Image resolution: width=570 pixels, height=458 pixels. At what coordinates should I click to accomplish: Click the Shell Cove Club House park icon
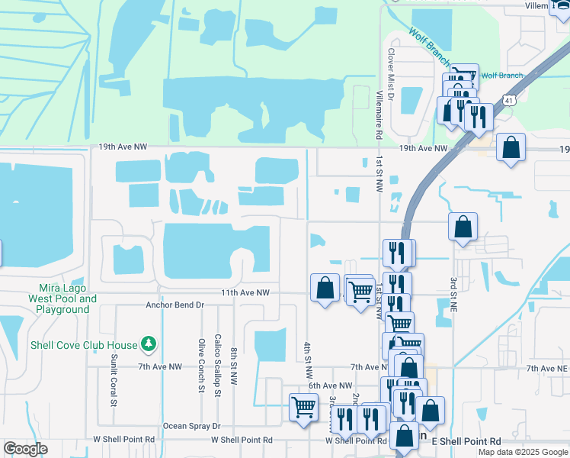(150, 345)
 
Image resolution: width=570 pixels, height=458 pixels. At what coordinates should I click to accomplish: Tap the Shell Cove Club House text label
(84, 345)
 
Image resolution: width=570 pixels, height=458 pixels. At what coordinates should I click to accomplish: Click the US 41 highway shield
(508, 100)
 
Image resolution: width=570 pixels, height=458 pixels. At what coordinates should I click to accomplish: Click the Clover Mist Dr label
(390, 76)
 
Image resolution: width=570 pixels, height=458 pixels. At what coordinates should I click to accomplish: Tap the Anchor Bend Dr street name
(176, 305)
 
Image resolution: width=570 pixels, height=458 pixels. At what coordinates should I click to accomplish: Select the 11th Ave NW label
(246, 292)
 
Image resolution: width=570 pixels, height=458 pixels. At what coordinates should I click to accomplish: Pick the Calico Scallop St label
(217, 366)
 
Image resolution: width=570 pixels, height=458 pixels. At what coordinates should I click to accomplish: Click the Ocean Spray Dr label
(191, 426)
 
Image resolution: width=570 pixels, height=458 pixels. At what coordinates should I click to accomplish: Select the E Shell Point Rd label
(466, 441)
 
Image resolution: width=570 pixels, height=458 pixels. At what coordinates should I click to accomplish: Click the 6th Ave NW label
(331, 386)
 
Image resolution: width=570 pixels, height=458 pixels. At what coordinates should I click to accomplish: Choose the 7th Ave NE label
(547, 368)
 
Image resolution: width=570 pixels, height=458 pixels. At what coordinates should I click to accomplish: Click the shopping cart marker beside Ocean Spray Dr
(303, 408)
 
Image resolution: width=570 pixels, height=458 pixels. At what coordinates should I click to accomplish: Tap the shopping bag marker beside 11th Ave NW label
(325, 288)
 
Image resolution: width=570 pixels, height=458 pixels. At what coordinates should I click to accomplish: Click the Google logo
(25, 450)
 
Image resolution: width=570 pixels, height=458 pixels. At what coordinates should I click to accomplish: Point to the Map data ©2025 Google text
(522, 452)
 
